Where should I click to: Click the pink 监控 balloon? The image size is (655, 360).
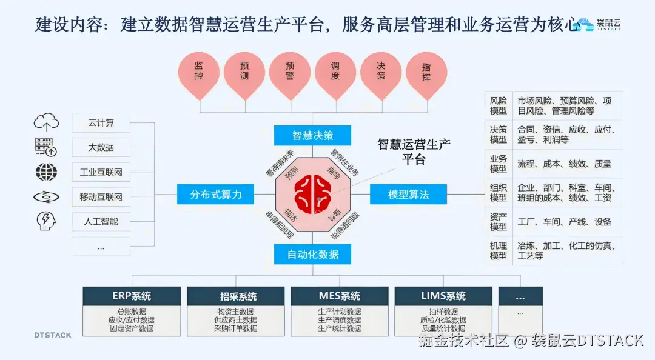(199, 72)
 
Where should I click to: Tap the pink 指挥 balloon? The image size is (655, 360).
(426, 72)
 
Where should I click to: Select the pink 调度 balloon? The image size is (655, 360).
(335, 72)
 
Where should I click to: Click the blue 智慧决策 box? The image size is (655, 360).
(312, 135)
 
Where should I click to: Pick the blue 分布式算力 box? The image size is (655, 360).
(215, 194)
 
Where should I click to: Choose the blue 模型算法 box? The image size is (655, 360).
(408, 194)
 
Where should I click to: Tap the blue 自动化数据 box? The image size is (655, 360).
(312, 253)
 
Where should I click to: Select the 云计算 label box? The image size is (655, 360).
(101, 123)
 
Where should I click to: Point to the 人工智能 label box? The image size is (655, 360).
(101, 221)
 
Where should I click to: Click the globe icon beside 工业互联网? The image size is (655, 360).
(46, 172)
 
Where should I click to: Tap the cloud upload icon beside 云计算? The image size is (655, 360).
(46, 123)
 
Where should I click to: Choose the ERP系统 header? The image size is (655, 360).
(132, 296)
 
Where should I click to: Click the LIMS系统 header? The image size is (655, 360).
(443, 296)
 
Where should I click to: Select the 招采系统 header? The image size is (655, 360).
(235, 296)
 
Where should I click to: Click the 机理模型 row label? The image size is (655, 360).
(499, 251)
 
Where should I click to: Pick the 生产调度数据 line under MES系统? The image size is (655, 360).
(339, 320)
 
